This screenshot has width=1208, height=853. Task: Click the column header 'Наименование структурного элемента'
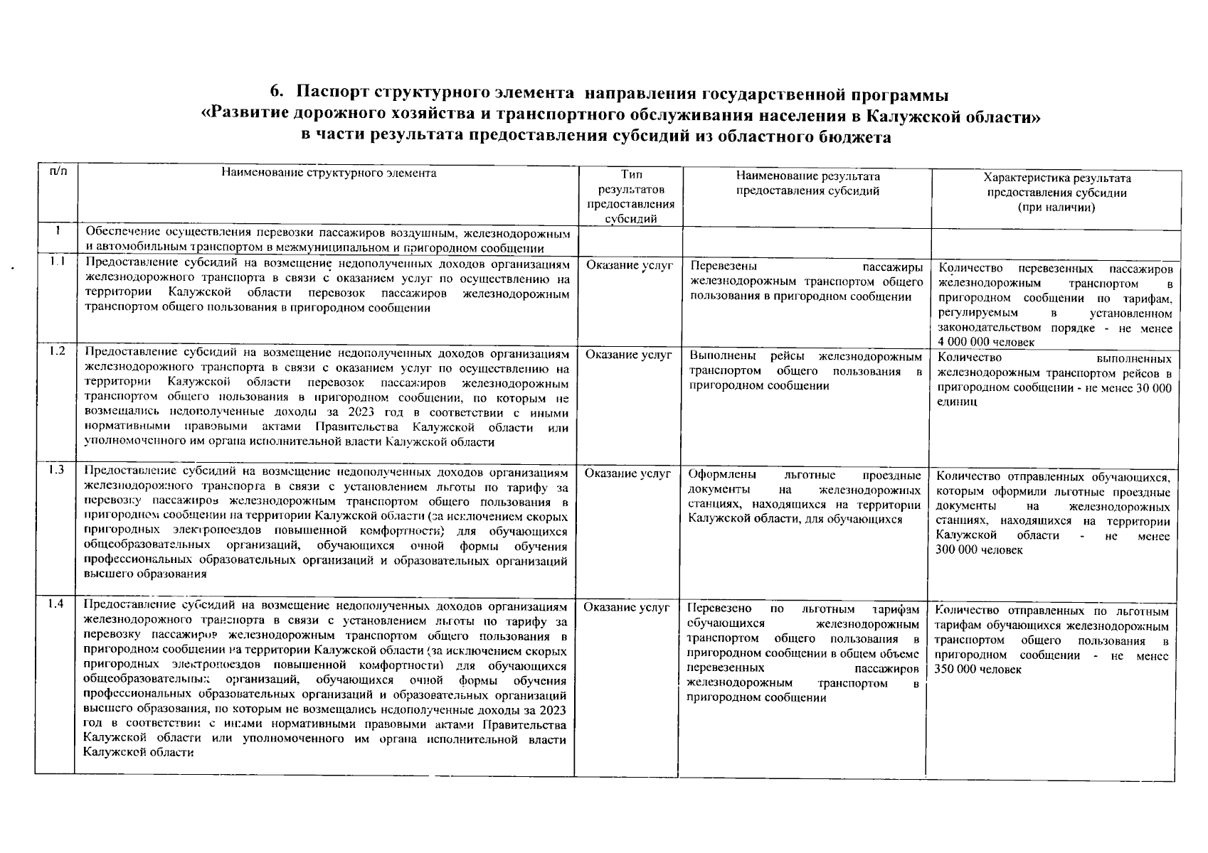[x=329, y=173]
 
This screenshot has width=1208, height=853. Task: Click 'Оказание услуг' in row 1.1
[x=629, y=265]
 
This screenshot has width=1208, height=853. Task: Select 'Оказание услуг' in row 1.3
[x=628, y=473]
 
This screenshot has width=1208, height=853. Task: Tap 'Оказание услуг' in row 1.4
[x=627, y=607]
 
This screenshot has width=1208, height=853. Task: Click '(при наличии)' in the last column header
[x=1056, y=208]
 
